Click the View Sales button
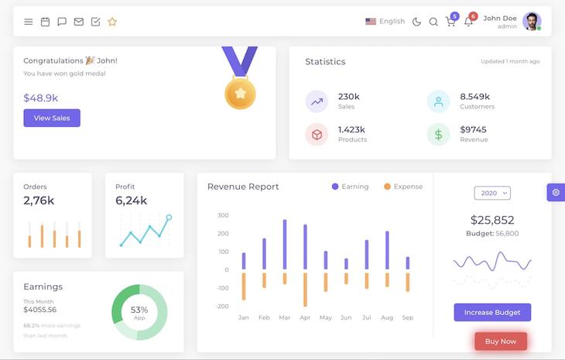52,118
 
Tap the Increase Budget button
492,312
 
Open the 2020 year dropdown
492,193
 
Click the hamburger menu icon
29,22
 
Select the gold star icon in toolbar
112,22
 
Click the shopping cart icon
450,22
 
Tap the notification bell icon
468,22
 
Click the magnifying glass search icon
433,22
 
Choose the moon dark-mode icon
417,22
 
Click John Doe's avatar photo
532,21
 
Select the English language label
392,22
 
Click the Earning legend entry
351,187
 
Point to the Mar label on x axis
285,317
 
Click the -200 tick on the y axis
222,307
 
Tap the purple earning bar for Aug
387,250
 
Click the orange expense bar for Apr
305,289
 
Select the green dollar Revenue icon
438,135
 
